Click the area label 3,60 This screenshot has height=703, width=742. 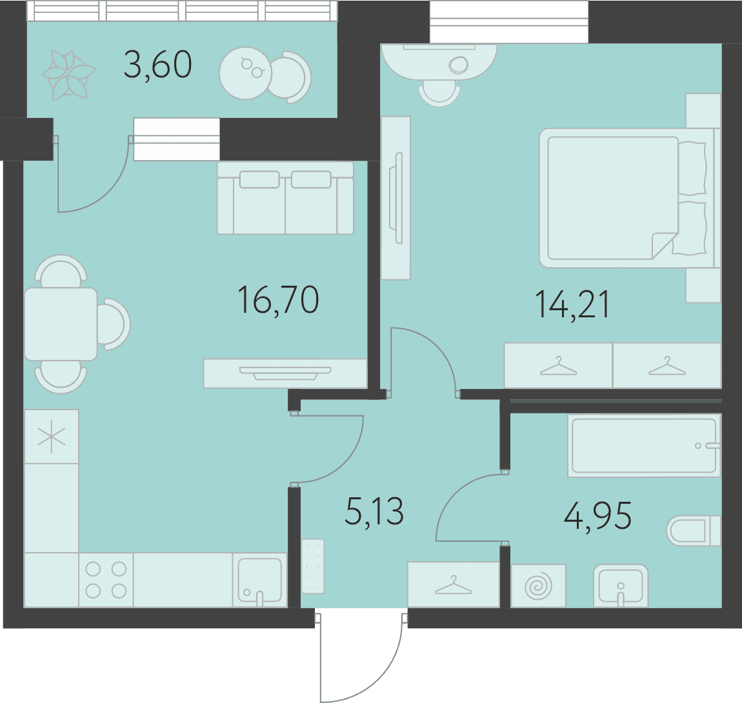[x=157, y=65]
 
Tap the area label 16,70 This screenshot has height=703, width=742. [x=278, y=299]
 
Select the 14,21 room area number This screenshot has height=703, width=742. [x=572, y=304]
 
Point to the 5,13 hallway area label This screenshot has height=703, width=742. [x=374, y=511]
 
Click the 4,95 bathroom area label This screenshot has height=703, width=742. [x=597, y=515]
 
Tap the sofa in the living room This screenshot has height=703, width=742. [x=285, y=198]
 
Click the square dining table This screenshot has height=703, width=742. [x=61, y=324]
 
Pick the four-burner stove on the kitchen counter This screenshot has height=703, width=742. [x=106, y=580]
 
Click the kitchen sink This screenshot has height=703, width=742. [x=260, y=580]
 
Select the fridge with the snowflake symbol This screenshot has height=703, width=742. [x=52, y=437]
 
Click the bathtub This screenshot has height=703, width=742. [x=644, y=446]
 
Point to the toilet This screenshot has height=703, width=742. [x=694, y=531]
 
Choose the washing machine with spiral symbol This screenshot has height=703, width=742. [x=539, y=586]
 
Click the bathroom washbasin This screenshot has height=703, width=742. [x=621, y=586]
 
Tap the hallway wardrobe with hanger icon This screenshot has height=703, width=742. [x=454, y=584]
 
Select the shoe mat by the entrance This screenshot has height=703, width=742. [x=313, y=566]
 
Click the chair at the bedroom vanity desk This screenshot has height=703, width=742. [x=439, y=93]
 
